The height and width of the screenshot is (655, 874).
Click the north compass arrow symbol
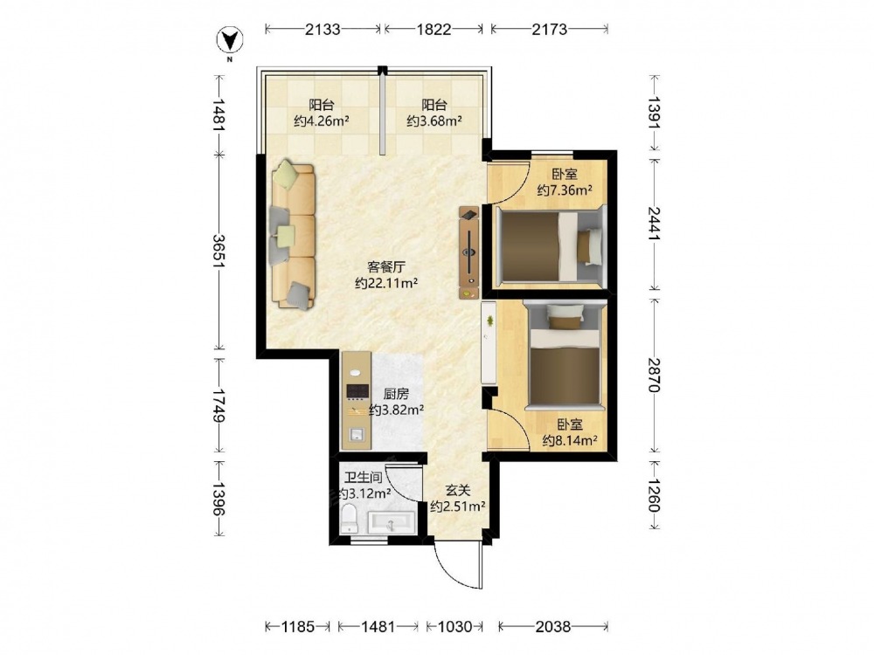point(230,39)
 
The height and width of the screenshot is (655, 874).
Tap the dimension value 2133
point(323,29)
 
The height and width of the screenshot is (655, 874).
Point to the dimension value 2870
point(654,376)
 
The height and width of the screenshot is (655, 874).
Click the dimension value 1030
point(454,627)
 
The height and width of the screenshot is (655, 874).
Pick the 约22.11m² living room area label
point(387,283)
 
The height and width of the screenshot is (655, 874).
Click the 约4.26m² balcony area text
point(322,121)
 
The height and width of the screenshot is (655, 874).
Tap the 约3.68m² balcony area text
point(434,121)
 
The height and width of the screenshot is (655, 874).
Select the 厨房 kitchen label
point(396,395)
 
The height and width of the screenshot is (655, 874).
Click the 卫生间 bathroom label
point(363,478)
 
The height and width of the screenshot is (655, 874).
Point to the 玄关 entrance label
point(458,491)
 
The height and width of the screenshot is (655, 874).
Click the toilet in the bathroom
point(350,518)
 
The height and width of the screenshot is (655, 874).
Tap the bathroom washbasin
point(391,522)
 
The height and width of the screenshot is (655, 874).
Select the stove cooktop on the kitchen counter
point(357,391)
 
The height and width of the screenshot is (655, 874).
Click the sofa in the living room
point(293,236)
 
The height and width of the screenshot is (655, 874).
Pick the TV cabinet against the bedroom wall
point(469,252)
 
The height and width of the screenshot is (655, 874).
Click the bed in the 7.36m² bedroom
point(550,247)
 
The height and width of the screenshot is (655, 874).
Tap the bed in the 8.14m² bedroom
point(565,356)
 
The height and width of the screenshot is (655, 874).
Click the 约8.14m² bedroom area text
point(570,441)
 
